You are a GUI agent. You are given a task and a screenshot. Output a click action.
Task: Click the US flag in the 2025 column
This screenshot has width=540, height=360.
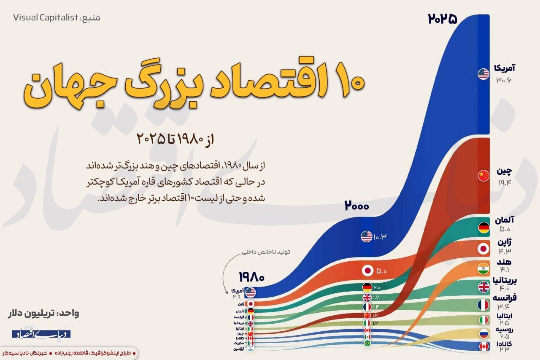click(483, 74)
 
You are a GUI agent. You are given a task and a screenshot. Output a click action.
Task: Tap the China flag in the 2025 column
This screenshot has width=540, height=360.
click(483, 176)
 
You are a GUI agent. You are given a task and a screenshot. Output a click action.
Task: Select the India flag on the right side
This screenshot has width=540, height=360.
click(483, 268)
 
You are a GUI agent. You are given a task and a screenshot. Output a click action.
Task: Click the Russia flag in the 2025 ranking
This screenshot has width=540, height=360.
click(483, 333)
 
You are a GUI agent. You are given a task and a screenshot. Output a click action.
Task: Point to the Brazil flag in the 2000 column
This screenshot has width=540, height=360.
click(367, 344)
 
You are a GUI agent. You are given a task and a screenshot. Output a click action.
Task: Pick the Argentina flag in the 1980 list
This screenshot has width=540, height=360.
click(251, 349)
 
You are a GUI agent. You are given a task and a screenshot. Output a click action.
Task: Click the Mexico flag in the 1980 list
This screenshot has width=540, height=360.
click(251, 343)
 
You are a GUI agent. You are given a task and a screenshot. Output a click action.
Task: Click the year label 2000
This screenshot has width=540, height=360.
click(356, 206)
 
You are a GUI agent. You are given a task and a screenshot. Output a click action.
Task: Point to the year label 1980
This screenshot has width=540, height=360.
click(251, 277)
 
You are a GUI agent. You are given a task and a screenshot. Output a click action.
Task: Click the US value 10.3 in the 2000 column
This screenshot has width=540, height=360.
click(380, 237)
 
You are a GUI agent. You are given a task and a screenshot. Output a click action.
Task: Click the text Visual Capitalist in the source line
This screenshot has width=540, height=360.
click(46, 18)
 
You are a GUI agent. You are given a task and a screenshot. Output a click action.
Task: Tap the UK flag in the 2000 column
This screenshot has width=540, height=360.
click(367, 297)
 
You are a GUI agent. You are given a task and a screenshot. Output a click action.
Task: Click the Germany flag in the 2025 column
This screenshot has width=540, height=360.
click(483, 228)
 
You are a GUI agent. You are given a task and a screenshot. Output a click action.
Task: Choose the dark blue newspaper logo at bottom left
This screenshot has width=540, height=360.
click(41, 334)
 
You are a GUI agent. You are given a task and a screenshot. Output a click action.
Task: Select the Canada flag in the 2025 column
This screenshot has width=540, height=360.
click(483, 346)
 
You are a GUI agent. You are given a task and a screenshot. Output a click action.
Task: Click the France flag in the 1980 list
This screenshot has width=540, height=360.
click(251, 317)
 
